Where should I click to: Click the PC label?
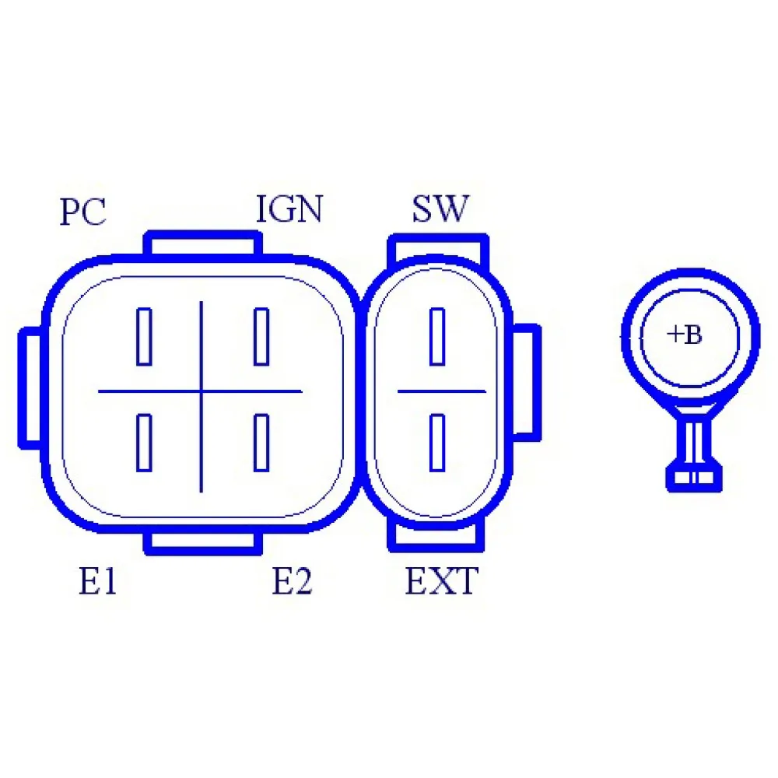(x=82, y=212)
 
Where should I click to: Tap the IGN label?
(x=289, y=209)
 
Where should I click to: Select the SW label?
(x=440, y=209)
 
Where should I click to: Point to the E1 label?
(x=98, y=582)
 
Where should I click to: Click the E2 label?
(x=292, y=582)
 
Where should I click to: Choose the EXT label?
(x=441, y=581)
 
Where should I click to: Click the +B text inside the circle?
(x=685, y=335)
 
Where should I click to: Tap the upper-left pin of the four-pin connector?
(x=144, y=337)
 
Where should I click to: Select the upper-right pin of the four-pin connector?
(x=261, y=337)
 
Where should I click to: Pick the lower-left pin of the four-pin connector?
(x=144, y=443)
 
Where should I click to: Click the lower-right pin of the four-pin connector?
(x=261, y=443)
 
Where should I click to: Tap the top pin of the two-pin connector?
(x=437, y=337)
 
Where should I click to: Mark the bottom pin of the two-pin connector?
(x=437, y=443)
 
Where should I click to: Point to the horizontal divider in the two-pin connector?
(x=441, y=391)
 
